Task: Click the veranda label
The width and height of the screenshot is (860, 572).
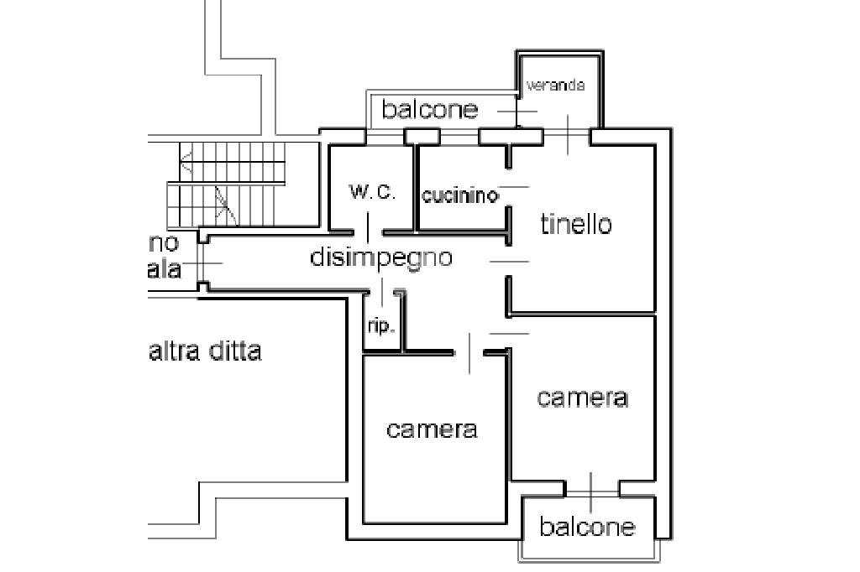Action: [x=554, y=86]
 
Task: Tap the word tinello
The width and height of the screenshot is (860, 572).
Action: [x=576, y=224]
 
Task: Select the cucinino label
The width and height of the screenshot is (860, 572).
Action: [x=459, y=195]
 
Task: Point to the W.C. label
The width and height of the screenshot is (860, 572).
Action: [x=372, y=192]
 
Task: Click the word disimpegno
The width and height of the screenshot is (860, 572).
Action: [x=381, y=257]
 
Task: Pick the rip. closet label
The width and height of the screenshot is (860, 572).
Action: [x=380, y=326]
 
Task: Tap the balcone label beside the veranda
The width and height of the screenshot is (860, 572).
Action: [x=430, y=109]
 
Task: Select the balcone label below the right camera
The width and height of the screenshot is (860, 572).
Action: [x=587, y=527]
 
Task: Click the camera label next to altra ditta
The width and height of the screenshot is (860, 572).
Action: [x=432, y=429]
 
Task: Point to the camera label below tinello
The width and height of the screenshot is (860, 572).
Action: [x=582, y=397]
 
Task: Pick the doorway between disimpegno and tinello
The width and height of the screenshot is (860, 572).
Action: [x=509, y=262]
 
